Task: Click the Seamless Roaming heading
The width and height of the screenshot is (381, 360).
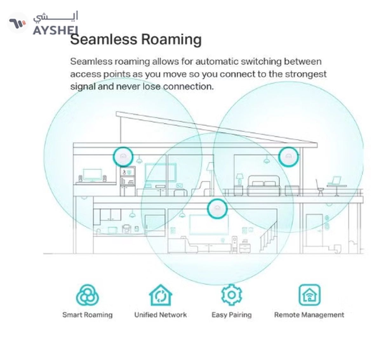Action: pos(136,40)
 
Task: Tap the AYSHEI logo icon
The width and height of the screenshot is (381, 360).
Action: pos(17,23)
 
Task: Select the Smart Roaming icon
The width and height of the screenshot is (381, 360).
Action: pos(87,295)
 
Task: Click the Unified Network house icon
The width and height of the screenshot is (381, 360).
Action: pos(160,295)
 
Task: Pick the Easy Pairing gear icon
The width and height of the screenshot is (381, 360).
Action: pos(231,295)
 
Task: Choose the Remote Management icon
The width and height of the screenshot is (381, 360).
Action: pos(309,295)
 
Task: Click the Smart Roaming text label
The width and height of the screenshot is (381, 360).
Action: pos(87,315)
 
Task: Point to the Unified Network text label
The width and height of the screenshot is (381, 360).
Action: pos(160,315)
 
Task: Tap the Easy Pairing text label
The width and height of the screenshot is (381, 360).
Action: pos(231,315)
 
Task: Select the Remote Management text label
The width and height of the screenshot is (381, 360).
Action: pos(309,315)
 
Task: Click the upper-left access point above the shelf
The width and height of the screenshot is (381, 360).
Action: pos(123,157)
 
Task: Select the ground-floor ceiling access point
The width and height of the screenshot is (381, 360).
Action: pos(217,209)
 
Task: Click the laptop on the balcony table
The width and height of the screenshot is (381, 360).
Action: pos(334,180)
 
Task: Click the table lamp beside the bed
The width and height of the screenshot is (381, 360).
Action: pos(239,179)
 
